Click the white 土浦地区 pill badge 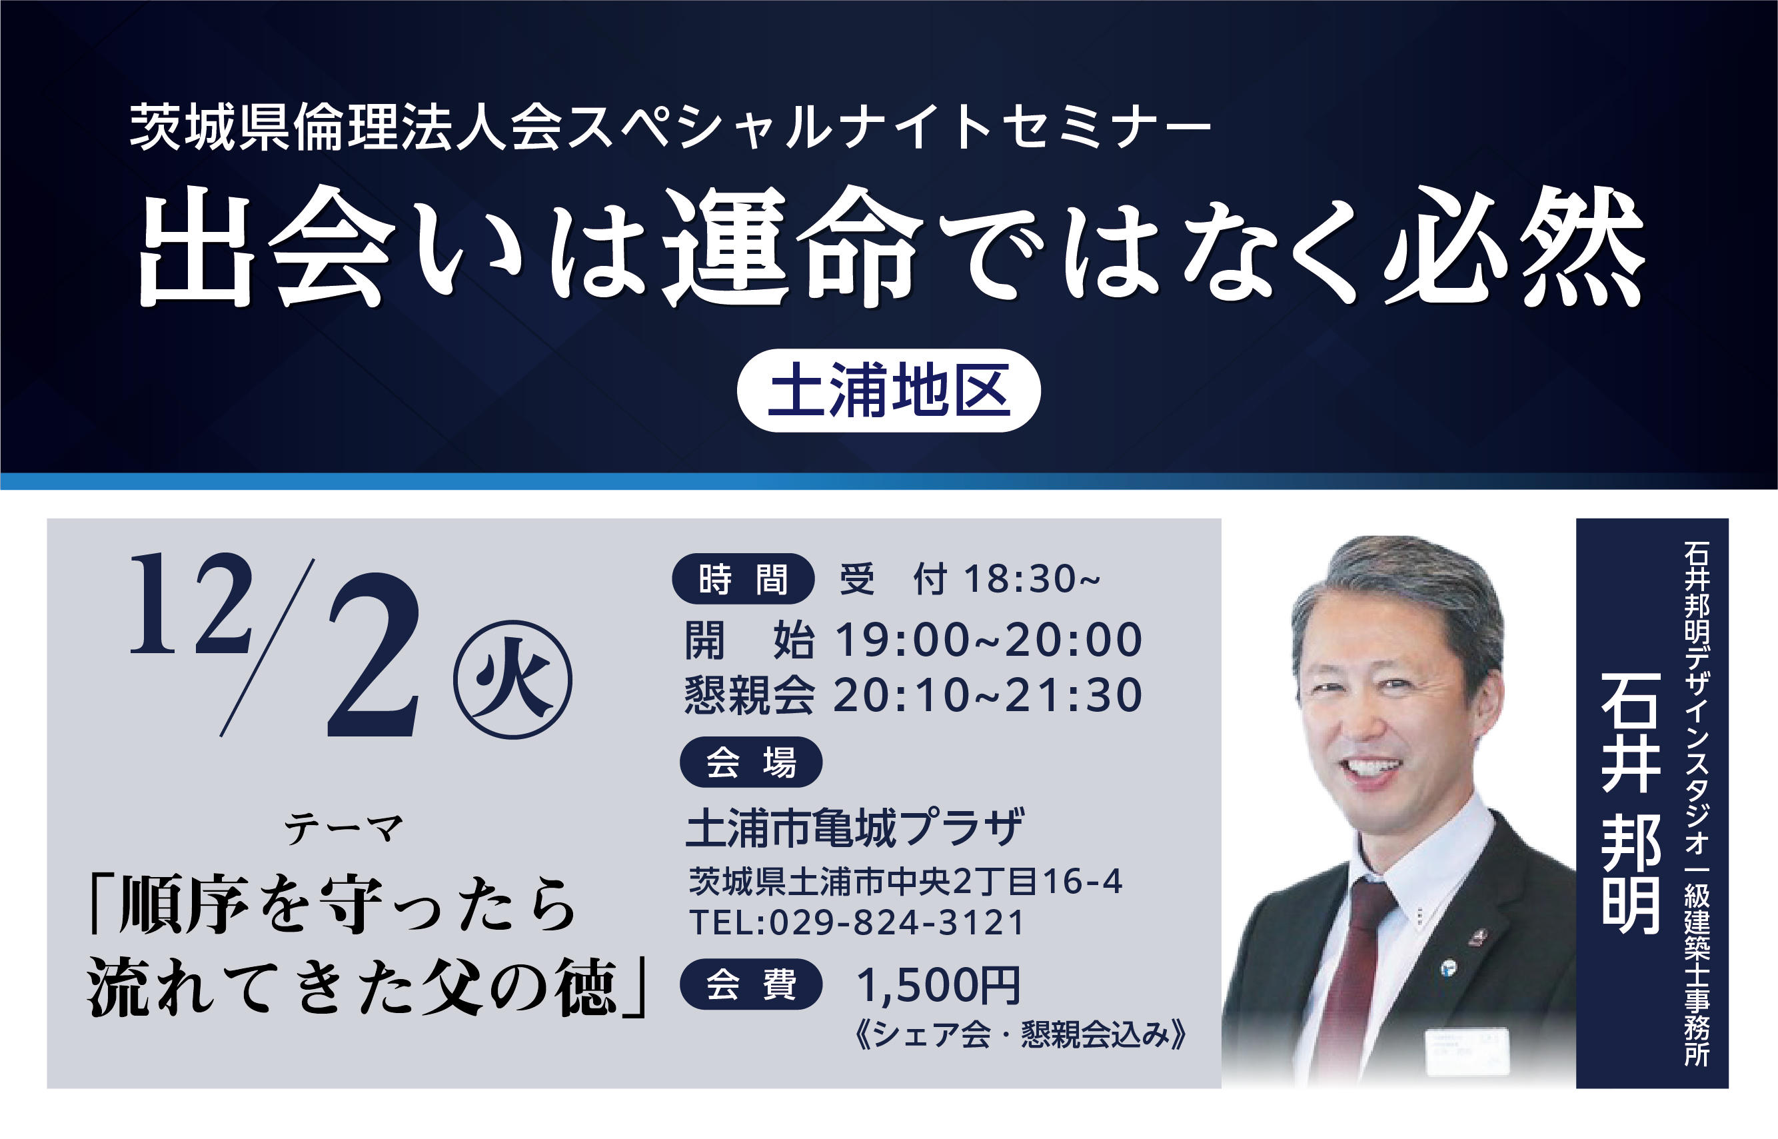pyautogui.click(x=888, y=391)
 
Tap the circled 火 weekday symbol pyautogui.click(x=512, y=680)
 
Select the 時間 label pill pyautogui.click(x=742, y=579)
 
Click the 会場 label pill pyautogui.click(x=750, y=762)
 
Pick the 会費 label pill pyautogui.click(x=750, y=984)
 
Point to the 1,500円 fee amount pyautogui.click(x=938, y=986)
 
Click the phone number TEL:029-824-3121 pyautogui.click(x=856, y=922)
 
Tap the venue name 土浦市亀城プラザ pyautogui.click(x=855, y=828)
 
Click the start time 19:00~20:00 pyautogui.click(x=988, y=640)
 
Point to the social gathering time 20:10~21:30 pyautogui.click(x=988, y=695)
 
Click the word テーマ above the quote pyautogui.click(x=344, y=828)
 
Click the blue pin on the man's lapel pyautogui.click(x=1448, y=968)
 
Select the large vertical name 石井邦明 pyautogui.click(x=1631, y=802)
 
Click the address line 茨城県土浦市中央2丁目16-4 pyautogui.click(x=905, y=881)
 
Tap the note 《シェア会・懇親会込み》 pyautogui.click(x=1021, y=1034)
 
